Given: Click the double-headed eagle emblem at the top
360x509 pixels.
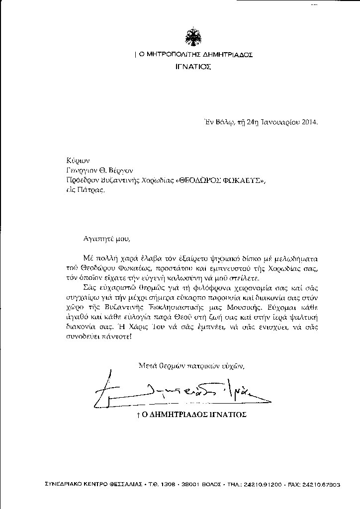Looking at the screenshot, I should tap(193, 38).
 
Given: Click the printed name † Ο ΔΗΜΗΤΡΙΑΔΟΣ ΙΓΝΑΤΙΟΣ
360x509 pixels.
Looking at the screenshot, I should tap(191, 414).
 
